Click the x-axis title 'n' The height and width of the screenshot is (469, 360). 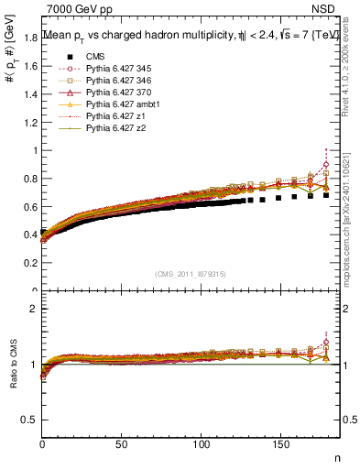coord(336,458)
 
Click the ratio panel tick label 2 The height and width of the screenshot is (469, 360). coord(33,309)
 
